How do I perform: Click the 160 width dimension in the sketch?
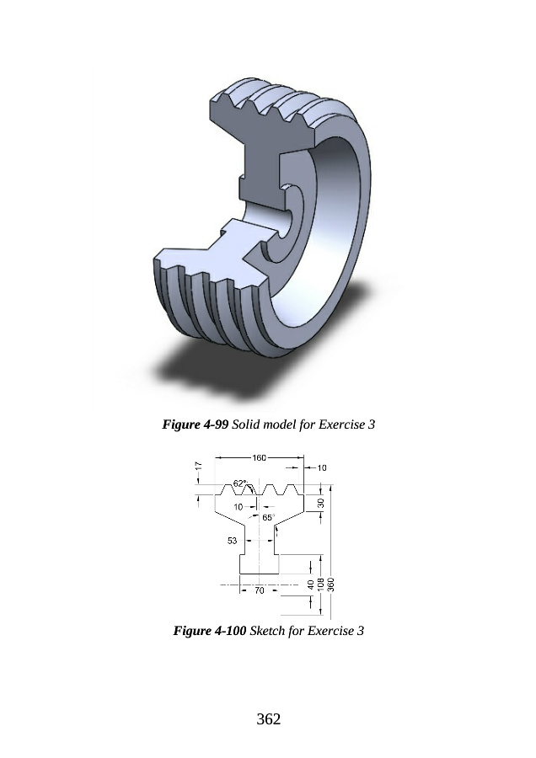260,458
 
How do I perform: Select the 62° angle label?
240,483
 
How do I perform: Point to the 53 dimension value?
233,541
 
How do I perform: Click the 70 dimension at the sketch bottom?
260,590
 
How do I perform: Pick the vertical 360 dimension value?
331,584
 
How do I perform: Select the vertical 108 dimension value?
319,584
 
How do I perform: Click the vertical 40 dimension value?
311,584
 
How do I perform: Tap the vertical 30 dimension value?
320,504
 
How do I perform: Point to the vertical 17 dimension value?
198,466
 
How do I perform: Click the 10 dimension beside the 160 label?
322,467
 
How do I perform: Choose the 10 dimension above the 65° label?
238,507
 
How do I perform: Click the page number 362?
269,719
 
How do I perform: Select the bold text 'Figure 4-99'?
196,424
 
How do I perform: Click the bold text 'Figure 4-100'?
210,630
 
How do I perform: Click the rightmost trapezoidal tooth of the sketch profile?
290,489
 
